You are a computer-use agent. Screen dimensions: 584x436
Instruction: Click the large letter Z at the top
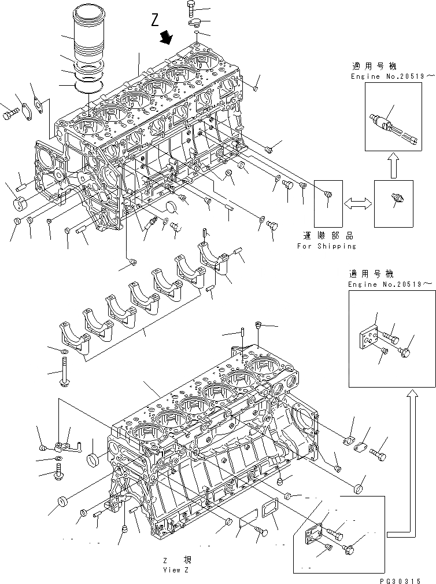154,21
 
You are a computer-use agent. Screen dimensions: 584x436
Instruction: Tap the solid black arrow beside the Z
167,37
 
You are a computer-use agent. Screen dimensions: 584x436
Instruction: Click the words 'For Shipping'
327,246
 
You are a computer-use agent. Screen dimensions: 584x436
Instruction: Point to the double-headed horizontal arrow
358,203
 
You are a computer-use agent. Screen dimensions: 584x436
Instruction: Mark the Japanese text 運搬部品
327,236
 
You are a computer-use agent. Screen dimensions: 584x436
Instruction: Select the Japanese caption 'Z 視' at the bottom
173,560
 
